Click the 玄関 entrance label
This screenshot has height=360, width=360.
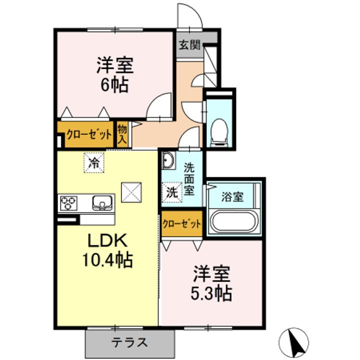click(x=189, y=45)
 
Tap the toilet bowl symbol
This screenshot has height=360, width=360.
click(x=219, y=132)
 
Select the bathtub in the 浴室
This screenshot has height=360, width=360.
click(x=234, y=222)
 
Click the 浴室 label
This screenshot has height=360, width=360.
click(x=232, y=197)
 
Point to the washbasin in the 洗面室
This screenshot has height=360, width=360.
click(x=168, y=160)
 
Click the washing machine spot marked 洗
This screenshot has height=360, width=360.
click(x=172, y=192)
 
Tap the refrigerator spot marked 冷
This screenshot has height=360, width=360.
click(x=94, y=163)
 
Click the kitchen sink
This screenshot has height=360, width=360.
click(x=102, y=202)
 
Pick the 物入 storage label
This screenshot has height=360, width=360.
click(x=122, y=134)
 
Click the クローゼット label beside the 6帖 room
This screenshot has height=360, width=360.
click(x=89, y=135)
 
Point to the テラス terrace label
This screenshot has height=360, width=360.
click(x=129, y=343)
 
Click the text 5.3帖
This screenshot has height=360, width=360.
click(x=211, y=293)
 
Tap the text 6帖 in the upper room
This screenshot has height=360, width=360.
click(x=114, y=85)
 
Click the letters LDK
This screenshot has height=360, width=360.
click(x=107, y=240)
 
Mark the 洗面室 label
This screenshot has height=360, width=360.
click(x=189, y=179)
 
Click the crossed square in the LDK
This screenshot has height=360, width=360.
click(x=131, y=192)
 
